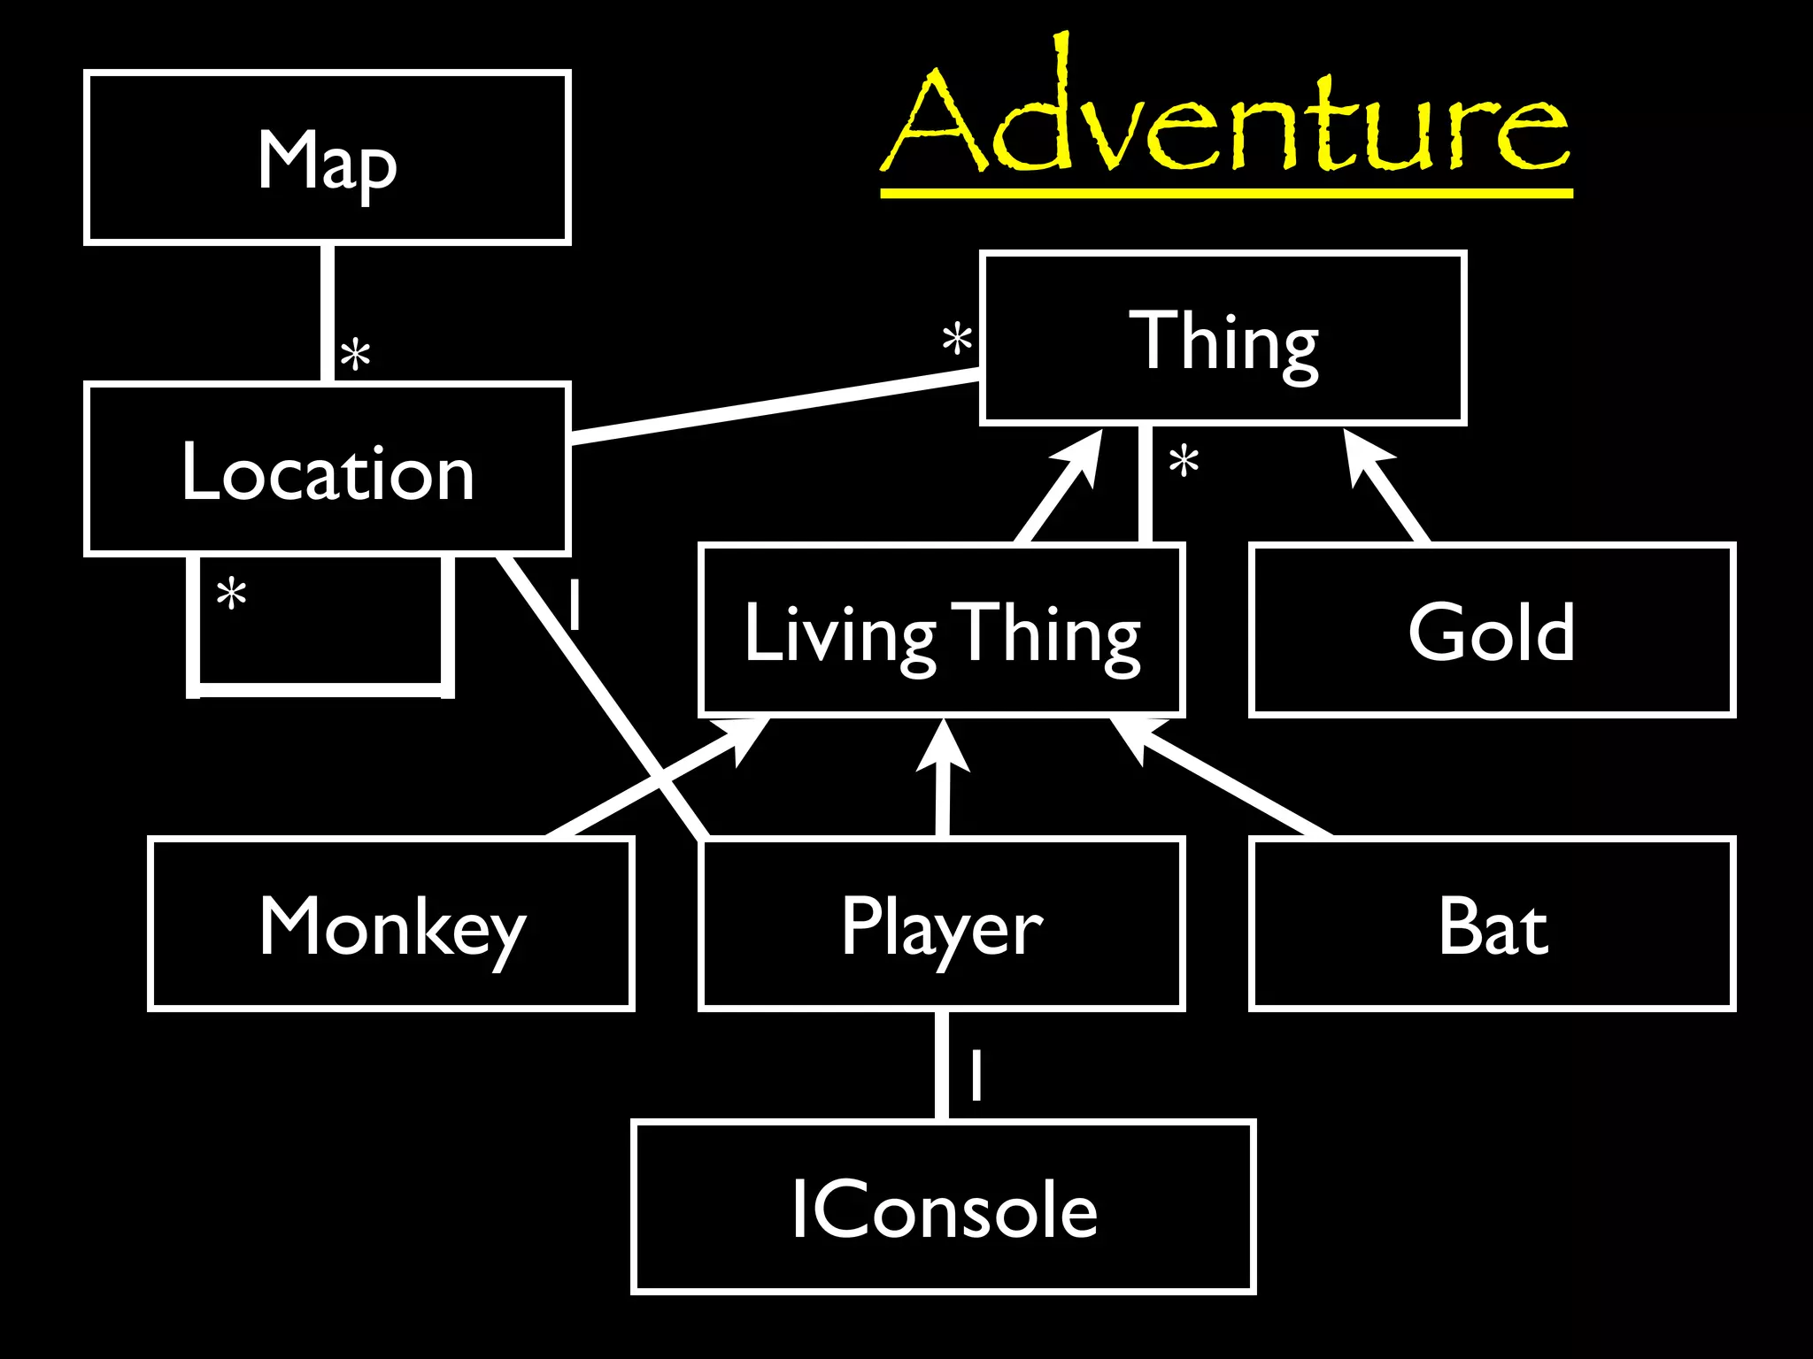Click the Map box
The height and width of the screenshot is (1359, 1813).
(328, 157)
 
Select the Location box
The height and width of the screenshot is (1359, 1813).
(328, 470)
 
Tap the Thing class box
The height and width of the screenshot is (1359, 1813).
(1223, 339)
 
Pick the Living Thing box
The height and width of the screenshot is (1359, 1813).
(942, 632)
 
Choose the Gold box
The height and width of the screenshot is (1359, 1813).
(1492, 632)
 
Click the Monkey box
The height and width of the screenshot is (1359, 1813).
(391, 925)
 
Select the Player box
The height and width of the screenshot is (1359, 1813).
(942, 925)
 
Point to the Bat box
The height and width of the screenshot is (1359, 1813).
(1492, 925)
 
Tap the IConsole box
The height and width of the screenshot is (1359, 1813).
(944, 1209)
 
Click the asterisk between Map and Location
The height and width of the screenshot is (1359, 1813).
(356, 356)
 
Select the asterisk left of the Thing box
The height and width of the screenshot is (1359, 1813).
(957, 340)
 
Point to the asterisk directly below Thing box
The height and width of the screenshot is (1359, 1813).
(1184, 462)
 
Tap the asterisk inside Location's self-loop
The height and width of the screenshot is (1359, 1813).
(232, 594)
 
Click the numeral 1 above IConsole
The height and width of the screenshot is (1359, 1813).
(976, 1075)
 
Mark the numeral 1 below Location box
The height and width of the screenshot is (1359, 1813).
(575, 604)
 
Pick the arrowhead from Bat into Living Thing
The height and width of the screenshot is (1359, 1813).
(1132, 733)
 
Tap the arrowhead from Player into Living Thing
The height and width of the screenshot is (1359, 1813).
(944, 744)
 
